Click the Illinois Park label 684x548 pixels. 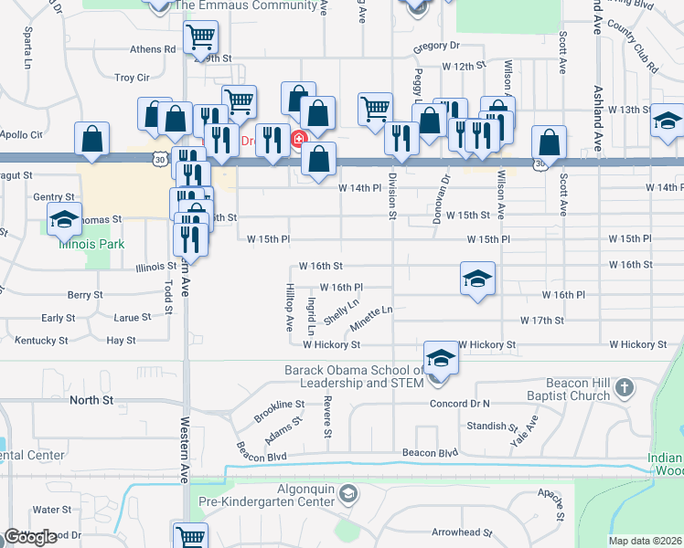91,245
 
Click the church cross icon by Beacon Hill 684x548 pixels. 625,387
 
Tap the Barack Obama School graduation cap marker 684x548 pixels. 440,359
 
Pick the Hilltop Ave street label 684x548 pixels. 289,306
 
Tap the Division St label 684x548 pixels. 392,195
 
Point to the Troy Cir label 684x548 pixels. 131,79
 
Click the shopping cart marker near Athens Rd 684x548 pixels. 200,37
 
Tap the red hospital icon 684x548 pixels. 298,140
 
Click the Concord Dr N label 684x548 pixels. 460,404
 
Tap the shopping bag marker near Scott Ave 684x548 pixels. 548,142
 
